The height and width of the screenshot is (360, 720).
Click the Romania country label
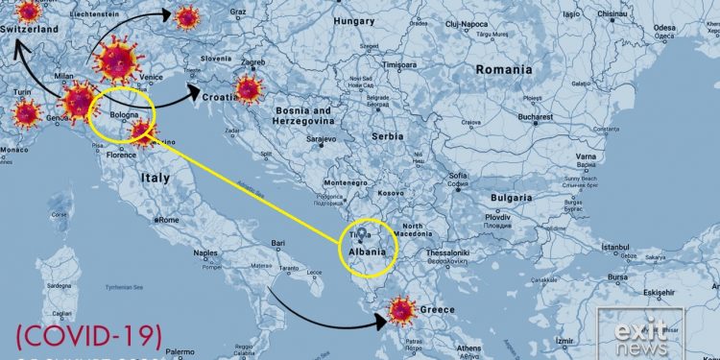point(504,69)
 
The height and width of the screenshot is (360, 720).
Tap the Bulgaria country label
point(510,197)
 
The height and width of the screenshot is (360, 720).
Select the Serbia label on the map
point(387,136)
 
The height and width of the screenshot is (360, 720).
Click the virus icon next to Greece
point(401,310)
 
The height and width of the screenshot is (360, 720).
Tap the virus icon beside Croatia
point(249,89)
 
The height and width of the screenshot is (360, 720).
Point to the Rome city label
point(168,220)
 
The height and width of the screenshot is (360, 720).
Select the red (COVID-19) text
point(89,334)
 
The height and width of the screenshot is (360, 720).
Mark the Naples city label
point(204,253)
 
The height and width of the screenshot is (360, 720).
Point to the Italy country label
point(156,178)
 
